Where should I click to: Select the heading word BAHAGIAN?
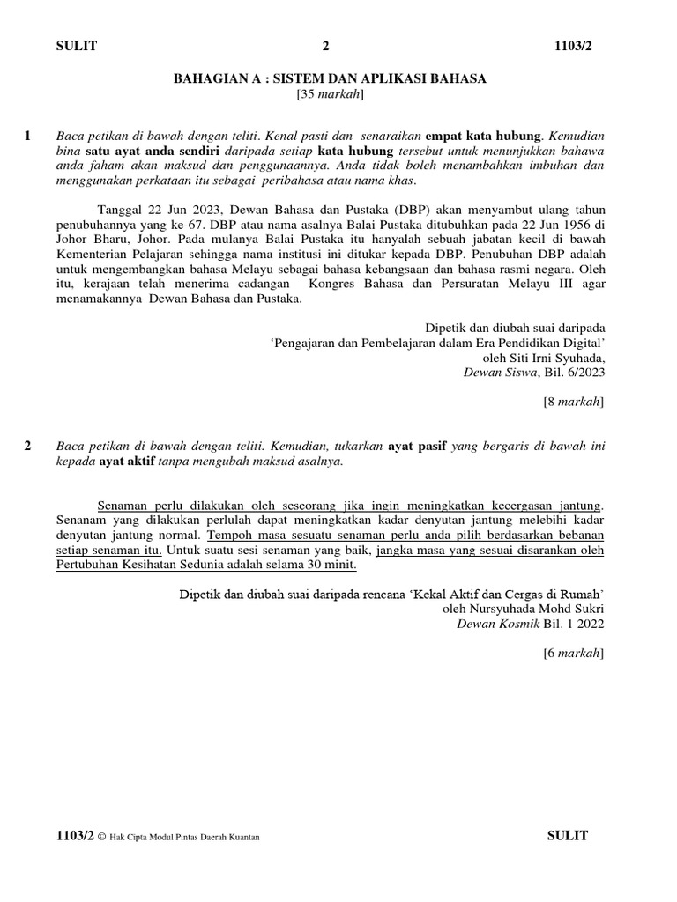[210, 79]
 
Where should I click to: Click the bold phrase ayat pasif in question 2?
[414, 447]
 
